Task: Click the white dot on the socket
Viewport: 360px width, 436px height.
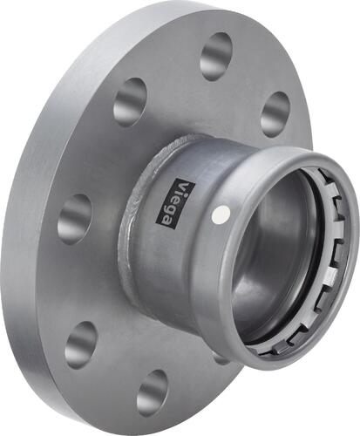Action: pyautogui.click(x=227, y=212)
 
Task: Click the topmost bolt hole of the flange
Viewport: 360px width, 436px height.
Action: pyautogui.click(x=215, y=57)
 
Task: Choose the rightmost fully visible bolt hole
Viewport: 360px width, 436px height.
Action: pyautogui.click(x=275, y=113)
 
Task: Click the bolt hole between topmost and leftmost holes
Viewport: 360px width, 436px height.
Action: pyautogui.click(x=130, y=101)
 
